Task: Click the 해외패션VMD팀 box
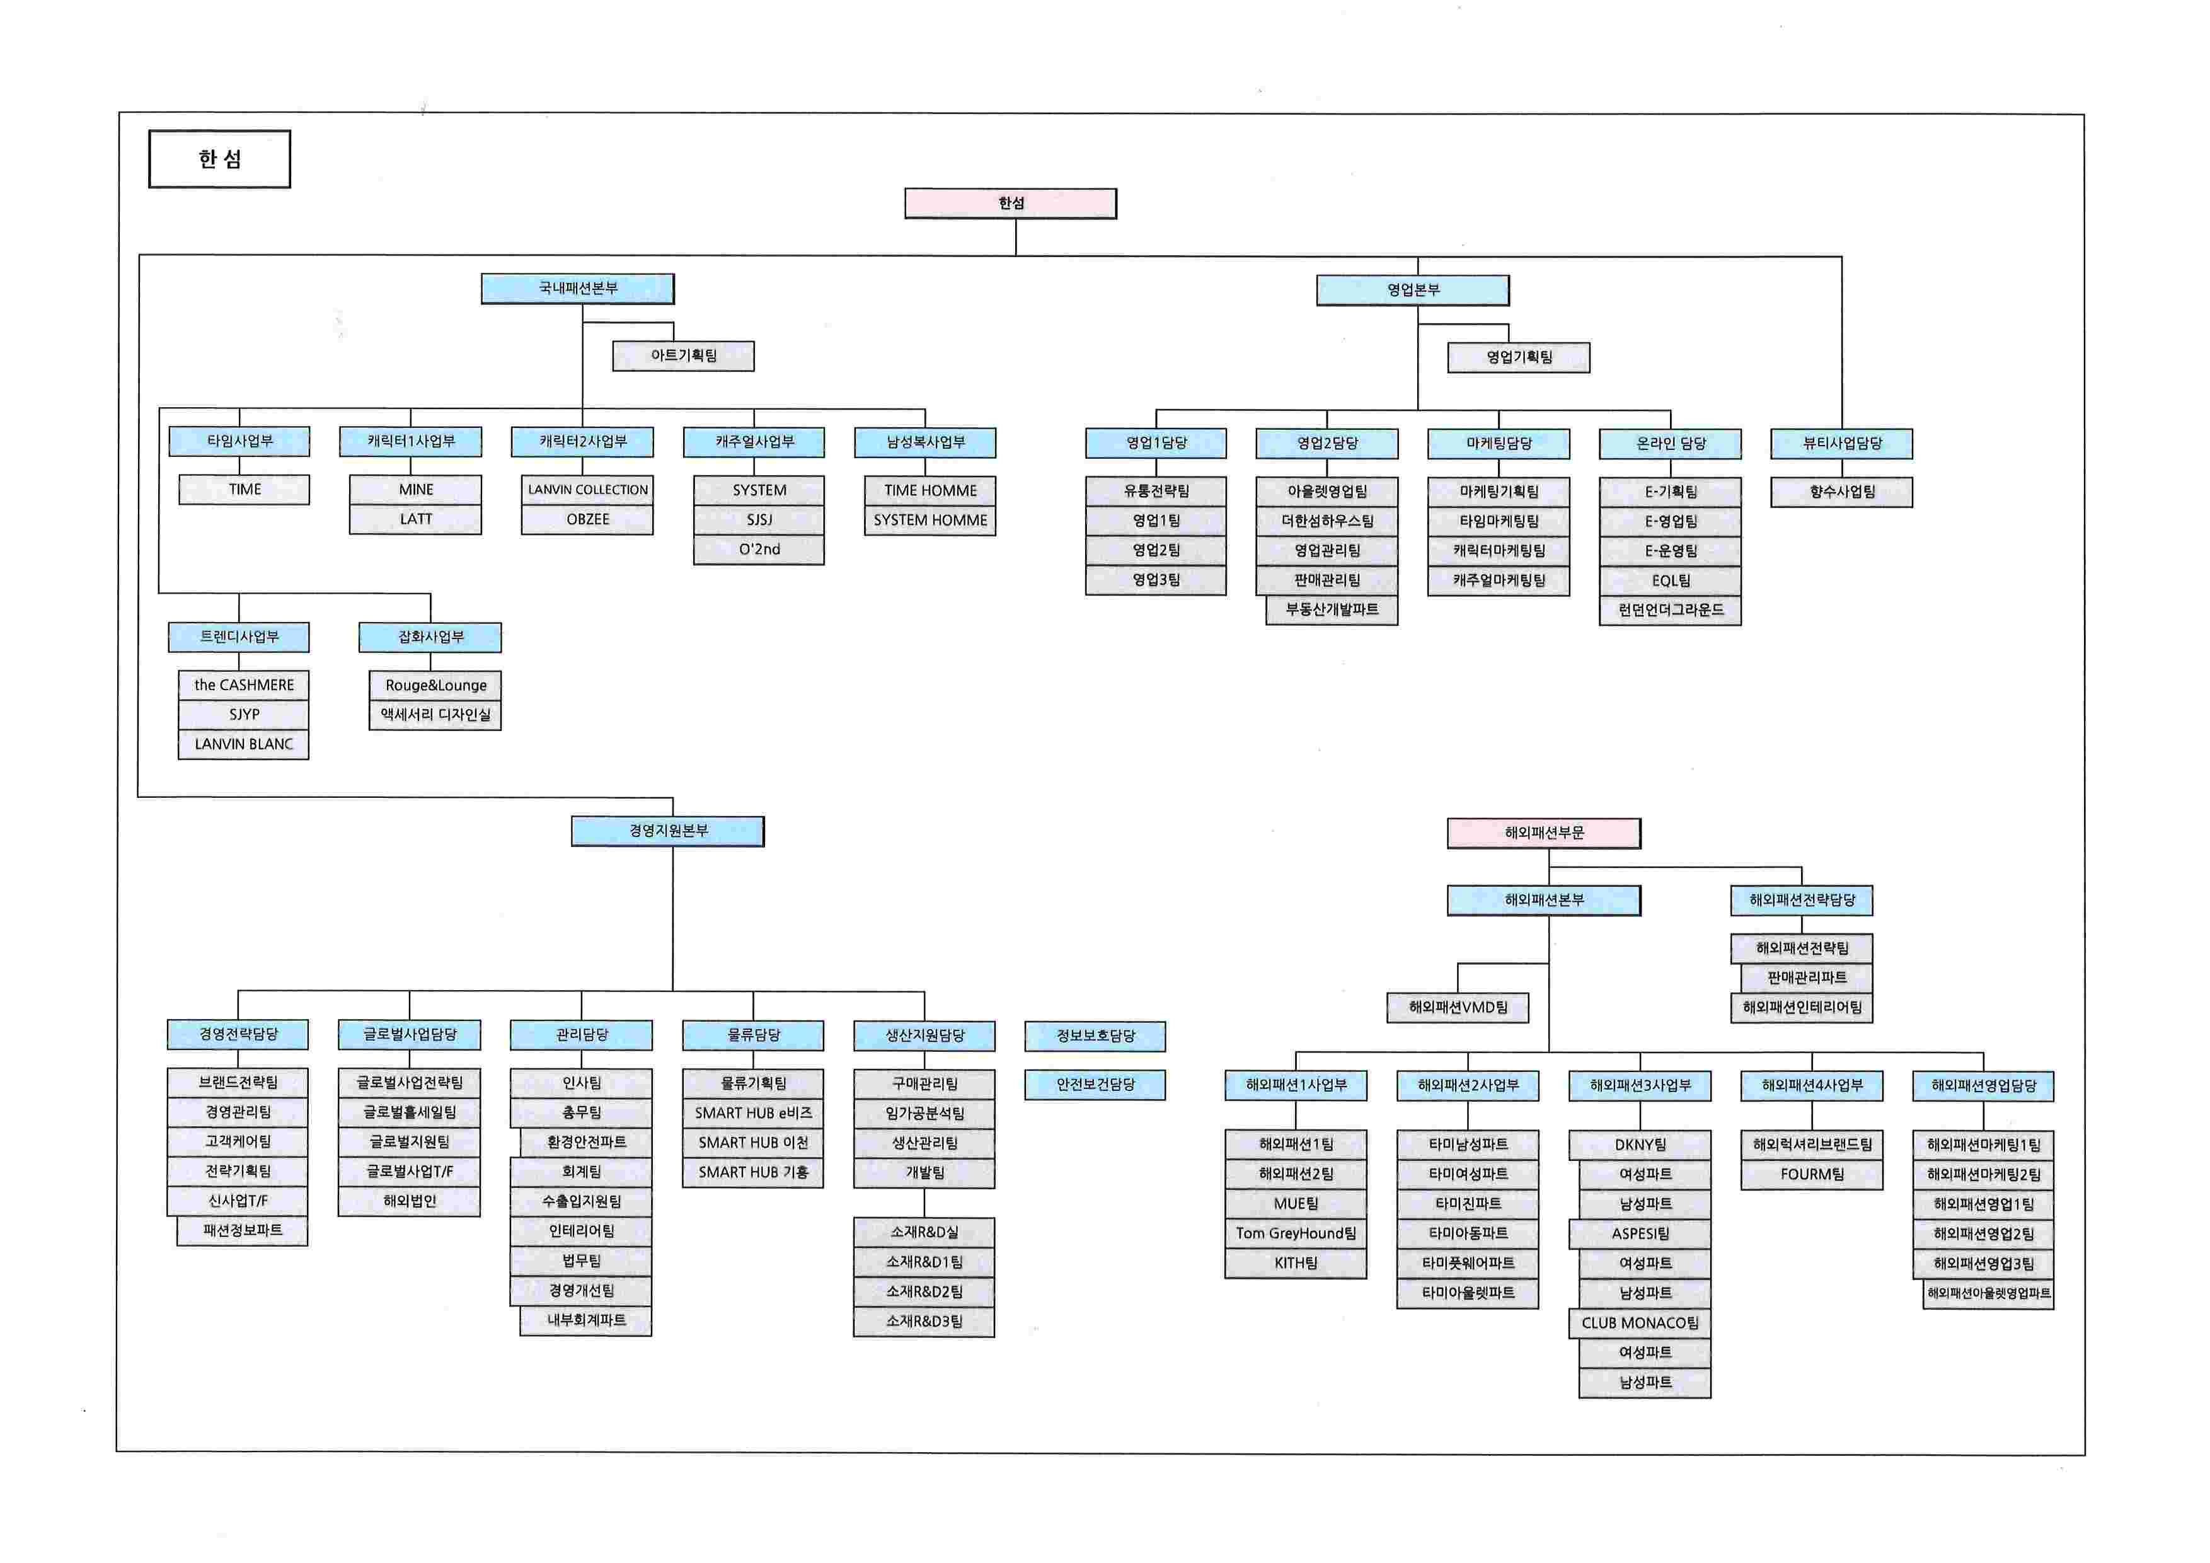click(1458, 1008)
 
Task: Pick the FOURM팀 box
click(1812, 1175)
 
